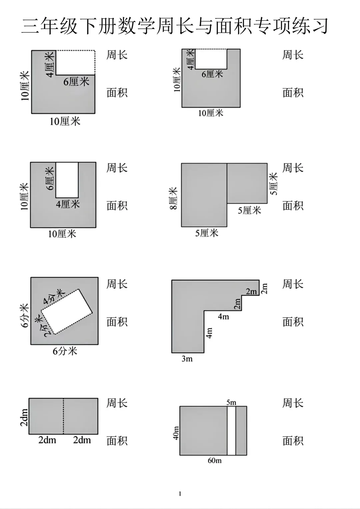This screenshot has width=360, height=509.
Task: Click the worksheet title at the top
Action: [x=175, y=26]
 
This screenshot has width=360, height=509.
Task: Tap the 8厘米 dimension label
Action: [x=174, y=199]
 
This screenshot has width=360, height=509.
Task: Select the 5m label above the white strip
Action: [x=231, y=402]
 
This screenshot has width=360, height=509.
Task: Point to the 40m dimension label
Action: [x=176, y=433]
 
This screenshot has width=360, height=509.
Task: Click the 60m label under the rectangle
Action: [x=214, y=461]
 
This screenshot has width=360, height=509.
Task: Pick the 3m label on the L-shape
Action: [x=187, y=359]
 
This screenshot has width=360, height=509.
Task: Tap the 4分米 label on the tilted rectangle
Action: [x=54, y=297]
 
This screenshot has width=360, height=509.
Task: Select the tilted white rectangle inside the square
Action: [x=67, y=312]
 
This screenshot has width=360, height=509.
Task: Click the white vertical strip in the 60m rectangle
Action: [x=231, y=431]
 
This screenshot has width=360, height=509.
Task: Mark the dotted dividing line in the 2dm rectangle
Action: [x=63, y=416]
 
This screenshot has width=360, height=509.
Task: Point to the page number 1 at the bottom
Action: [x=180, y=494]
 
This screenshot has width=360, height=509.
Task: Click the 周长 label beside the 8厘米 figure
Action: [x=293, y=168]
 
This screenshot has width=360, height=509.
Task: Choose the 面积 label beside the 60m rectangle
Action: [x=293, y=441]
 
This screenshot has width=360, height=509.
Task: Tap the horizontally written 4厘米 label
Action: [x=68, y=204]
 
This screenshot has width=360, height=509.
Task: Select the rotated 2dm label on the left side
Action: [x=24, y=417]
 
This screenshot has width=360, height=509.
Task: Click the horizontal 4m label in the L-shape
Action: [x=223, y=316]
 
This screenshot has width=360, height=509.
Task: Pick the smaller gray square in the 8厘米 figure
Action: [x=247, y=183]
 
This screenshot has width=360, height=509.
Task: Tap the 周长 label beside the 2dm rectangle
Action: [x=117, y=403]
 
